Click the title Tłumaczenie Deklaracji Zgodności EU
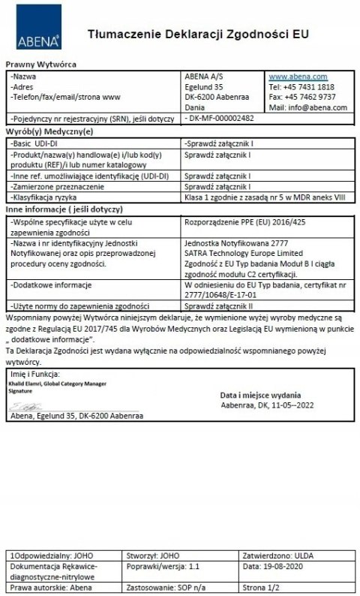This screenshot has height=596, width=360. pyautogui.click(x=197, y=34)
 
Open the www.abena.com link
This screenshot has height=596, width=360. pyautogui.click(x=298, y=77)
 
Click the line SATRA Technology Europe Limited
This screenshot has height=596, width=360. pyautogui.click(x=234, y=254)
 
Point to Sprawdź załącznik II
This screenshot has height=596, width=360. pyautogui.click(x=218, y=307)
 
